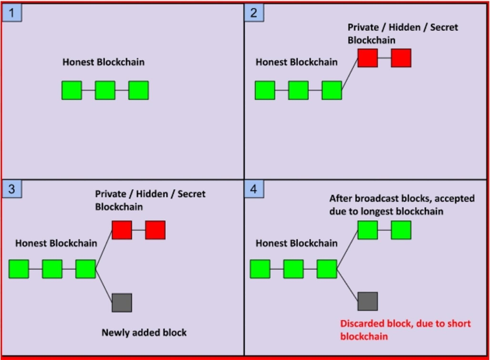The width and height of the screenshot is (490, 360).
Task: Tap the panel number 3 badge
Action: (x=12, y=189)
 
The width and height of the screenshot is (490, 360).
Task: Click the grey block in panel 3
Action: (x=122, y=302)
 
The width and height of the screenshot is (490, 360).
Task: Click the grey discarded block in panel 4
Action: (x=367, y=301)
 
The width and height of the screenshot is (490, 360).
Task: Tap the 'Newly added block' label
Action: (x=144, y=332)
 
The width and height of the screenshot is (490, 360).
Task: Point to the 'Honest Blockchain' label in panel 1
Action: (x=103, y=63)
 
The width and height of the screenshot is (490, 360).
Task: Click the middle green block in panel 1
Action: (x=105, y=90)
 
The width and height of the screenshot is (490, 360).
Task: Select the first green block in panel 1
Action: (x=72, y=90)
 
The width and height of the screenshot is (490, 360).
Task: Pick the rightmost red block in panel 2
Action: (x=401, y=58)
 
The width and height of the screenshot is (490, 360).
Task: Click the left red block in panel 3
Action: (x=122, y=230)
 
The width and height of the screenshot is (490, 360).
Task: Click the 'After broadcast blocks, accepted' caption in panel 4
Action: (x=402, y=199)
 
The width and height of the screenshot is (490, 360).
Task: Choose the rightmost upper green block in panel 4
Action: (x=401, y=230)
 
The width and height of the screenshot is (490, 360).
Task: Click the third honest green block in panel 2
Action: (x=332, y=90)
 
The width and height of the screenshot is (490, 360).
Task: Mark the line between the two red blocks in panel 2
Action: (x=384, y=58)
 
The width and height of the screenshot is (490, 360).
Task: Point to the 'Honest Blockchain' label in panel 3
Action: (x=56, y=244)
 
